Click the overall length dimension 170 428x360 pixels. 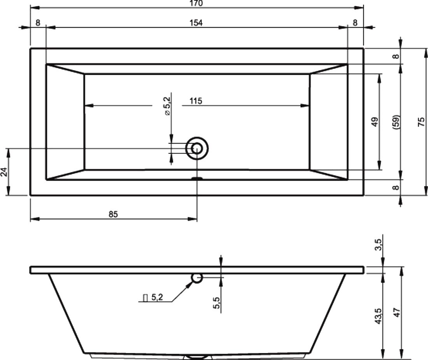pyautogui.click(x=197, y=4)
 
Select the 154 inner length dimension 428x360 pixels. pyautogui.click(x=196, y=23)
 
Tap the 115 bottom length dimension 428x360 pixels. pyautogui.click(x=196, y=101)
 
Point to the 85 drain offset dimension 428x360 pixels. pyautogui.click(x=113, y=214)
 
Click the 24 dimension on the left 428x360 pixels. pyautogui.click(x=5, y=172)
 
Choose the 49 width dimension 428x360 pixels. pyautogui.click(x=375, y=122)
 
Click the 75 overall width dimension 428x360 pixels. pyautogui.click(x=421, y=122)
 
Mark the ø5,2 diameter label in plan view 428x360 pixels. pyautogui.click(x=167, y=106)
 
